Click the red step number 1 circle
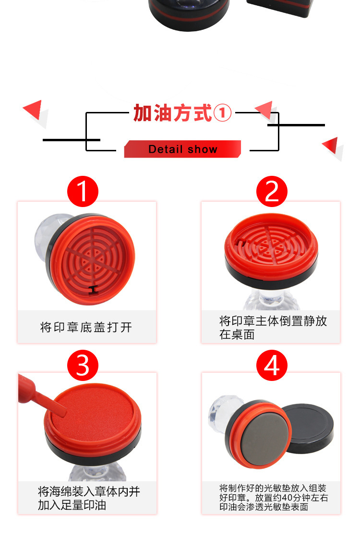click(83, 192)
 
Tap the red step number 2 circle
click(272, 192)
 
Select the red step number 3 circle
click(83, 366)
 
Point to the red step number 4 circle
click(272, 366)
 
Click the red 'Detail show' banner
click(182, 149)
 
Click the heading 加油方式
click(172, 113)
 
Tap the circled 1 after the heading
click(223, 113)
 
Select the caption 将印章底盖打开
click(86, 327)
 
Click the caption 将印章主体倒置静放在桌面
click(273, 327)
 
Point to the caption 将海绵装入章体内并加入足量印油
click(89, 498)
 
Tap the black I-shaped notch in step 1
click(94, 290)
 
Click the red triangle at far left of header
click(33, 109)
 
